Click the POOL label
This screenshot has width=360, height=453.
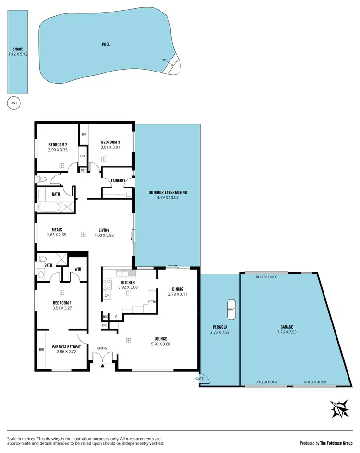106,44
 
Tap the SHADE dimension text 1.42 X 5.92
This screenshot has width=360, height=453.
18,54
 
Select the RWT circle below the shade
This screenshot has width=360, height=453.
13,103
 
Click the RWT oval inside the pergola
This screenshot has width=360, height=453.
231,310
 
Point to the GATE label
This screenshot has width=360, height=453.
199,379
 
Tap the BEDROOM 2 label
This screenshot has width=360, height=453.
58,145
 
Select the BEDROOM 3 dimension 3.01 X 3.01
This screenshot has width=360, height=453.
110,148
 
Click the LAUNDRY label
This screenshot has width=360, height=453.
118,181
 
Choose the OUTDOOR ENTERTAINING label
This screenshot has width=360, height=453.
168,192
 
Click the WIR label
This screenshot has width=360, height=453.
77,269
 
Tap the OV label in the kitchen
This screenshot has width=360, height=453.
107,296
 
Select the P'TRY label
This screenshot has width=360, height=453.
153,302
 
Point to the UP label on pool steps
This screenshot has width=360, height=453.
164,60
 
